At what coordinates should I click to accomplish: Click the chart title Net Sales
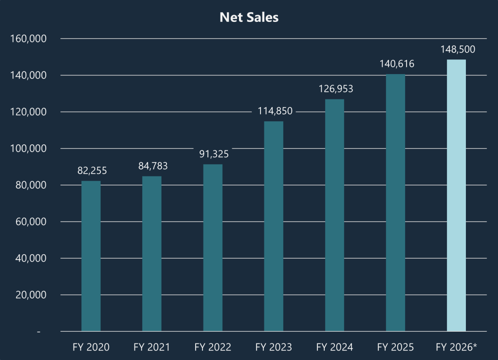coord(249,17)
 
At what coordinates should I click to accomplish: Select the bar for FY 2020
coord(91,256)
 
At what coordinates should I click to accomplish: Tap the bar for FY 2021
coord(152,253)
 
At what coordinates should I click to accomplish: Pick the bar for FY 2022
coord(213,247)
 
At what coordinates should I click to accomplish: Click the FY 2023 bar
coord(274,226)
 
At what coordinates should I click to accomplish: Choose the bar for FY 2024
coord(334,215)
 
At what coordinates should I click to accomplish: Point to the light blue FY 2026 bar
coord(456,195)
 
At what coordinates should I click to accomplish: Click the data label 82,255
coord(92,171)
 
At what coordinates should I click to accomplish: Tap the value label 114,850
coord(275,111)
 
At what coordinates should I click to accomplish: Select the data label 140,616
coord(397,64)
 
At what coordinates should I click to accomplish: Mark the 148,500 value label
coord(458,50)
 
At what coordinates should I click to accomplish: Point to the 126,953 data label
coord(336,89)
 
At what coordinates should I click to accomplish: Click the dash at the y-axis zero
coord(38,332)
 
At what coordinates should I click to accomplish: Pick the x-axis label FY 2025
coord(395,347)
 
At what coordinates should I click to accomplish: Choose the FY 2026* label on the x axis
coord(457,347)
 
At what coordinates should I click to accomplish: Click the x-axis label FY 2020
coord(91,347)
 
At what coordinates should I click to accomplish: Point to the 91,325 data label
coord(214,154)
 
